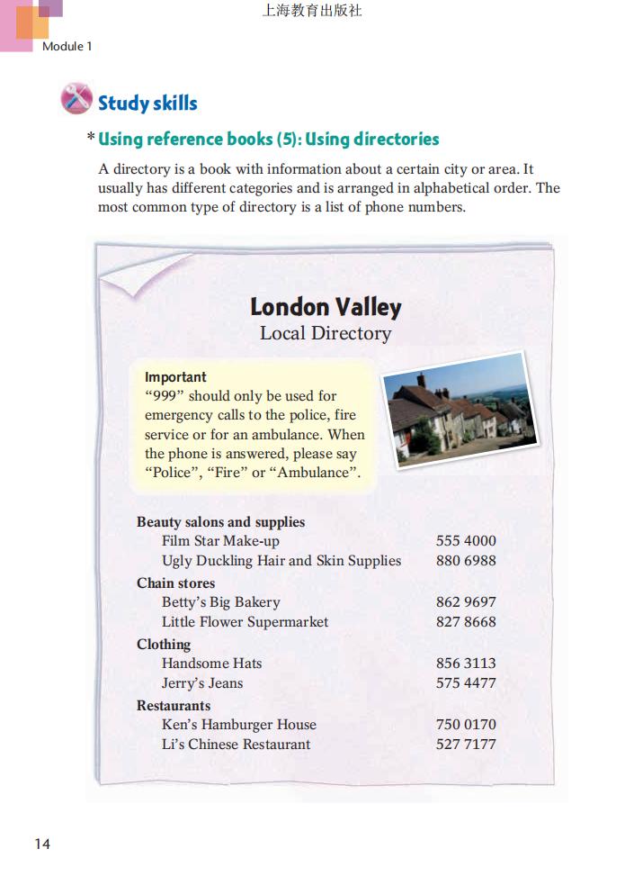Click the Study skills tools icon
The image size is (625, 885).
point(76,99)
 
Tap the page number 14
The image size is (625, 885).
point(42,844)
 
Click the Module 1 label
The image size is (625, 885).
point(67,46)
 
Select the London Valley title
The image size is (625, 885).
point(326,307)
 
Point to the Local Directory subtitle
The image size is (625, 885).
point(326,333)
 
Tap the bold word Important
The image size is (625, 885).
point(175,377)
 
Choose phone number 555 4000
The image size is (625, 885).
point(466,541)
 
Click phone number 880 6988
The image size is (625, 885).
point(466,561)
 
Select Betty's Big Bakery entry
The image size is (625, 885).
point(221,602)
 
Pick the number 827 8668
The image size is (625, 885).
point(466,622)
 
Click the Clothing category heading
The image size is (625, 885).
point(164,645)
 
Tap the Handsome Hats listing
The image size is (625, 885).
point(212,664)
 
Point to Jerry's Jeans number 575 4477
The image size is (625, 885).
point(466,683)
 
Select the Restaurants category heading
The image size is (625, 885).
point(174,706)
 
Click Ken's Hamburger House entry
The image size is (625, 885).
point(239,725)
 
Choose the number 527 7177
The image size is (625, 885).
point(466,745)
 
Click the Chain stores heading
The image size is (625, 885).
point(176,583)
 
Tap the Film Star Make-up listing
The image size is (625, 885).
point(221,541)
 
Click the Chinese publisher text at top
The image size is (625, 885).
point(312,12)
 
